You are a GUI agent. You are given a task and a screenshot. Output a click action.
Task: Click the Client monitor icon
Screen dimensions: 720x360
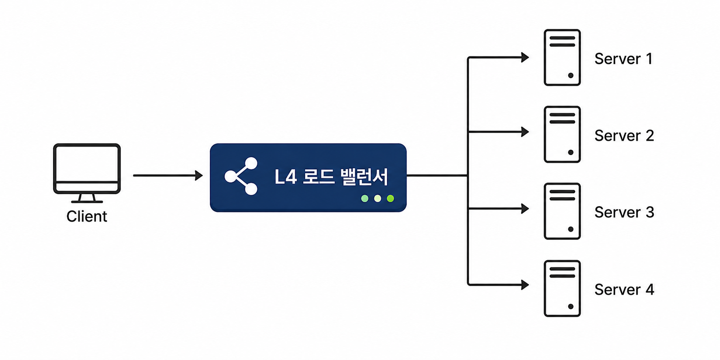pos(87,173)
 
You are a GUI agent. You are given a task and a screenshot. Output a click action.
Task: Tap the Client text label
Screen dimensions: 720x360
pos(87,216)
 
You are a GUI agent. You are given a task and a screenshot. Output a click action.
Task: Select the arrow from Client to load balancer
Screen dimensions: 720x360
pos(168,175)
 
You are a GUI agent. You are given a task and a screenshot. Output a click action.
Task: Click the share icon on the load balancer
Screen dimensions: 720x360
pos(241,176)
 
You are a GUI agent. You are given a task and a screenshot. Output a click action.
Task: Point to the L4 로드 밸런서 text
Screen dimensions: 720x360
pos(331,177)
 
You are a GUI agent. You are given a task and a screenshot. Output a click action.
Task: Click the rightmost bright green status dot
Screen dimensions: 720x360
pos(390,198)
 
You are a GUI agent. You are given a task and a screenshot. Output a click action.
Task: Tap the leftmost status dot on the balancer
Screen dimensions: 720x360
pos(365,198)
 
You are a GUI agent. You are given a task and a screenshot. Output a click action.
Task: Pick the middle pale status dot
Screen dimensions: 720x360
pos(377,198)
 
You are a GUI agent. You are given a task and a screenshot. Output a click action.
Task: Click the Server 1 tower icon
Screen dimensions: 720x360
pos(562,57)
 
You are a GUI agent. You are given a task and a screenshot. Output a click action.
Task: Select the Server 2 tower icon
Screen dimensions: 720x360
pos(562,134)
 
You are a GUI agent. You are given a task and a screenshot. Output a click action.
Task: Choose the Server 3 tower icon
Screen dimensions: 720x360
pos(562,211)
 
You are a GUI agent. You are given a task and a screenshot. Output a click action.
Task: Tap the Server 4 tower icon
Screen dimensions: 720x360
pos(562,288)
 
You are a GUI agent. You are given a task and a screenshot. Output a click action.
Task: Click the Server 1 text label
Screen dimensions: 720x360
pos(623,59)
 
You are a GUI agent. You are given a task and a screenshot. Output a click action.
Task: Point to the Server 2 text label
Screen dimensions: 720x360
pos(624,136)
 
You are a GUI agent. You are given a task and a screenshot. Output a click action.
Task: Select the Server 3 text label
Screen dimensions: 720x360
pos(624,212)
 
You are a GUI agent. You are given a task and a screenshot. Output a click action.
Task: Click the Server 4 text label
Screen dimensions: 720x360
pos(624,289)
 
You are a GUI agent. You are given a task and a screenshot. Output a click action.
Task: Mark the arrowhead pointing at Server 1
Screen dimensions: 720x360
pos(525,57)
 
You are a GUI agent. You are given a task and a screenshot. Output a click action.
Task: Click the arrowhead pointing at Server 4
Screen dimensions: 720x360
pos(525,285)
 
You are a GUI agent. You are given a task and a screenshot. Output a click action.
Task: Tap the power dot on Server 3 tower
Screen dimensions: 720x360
pos(571,229)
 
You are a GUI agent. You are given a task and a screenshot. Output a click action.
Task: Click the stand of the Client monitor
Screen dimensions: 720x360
pos(87,198)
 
